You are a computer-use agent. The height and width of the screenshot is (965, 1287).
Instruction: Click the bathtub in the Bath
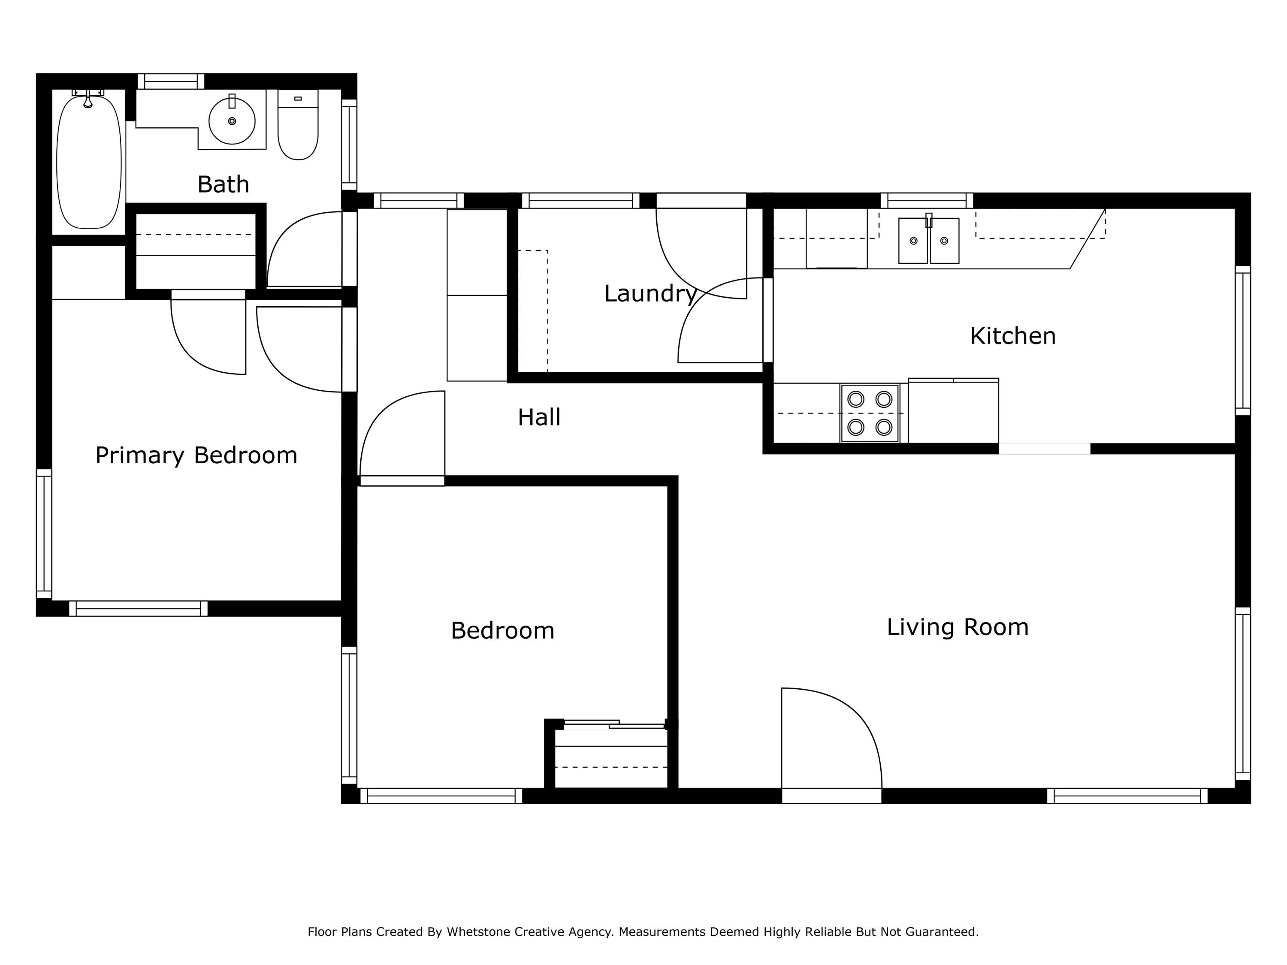click(89, 163)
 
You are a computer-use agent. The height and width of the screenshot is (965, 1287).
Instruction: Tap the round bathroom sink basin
click(232, 121)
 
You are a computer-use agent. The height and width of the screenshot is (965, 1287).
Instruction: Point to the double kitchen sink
click(929, 241)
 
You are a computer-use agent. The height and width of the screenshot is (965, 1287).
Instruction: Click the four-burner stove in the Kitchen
click(869, 413)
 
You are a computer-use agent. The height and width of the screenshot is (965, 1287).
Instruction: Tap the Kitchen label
click(1012, 336)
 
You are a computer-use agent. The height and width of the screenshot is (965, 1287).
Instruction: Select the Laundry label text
click(650, 293)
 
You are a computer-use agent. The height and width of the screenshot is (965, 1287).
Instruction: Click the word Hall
click(539, 417)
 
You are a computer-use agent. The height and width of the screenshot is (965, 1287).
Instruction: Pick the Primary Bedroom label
click(196, 455)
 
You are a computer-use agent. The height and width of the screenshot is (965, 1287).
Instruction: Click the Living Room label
click(958, 627)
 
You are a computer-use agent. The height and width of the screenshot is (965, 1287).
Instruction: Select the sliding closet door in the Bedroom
click(614, 724)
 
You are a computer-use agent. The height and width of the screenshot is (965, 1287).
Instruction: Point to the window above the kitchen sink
click(927, 200)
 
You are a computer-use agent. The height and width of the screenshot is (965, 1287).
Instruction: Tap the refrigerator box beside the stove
click(953, 412)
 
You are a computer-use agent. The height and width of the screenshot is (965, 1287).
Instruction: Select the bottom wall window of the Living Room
click(1127, 796)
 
